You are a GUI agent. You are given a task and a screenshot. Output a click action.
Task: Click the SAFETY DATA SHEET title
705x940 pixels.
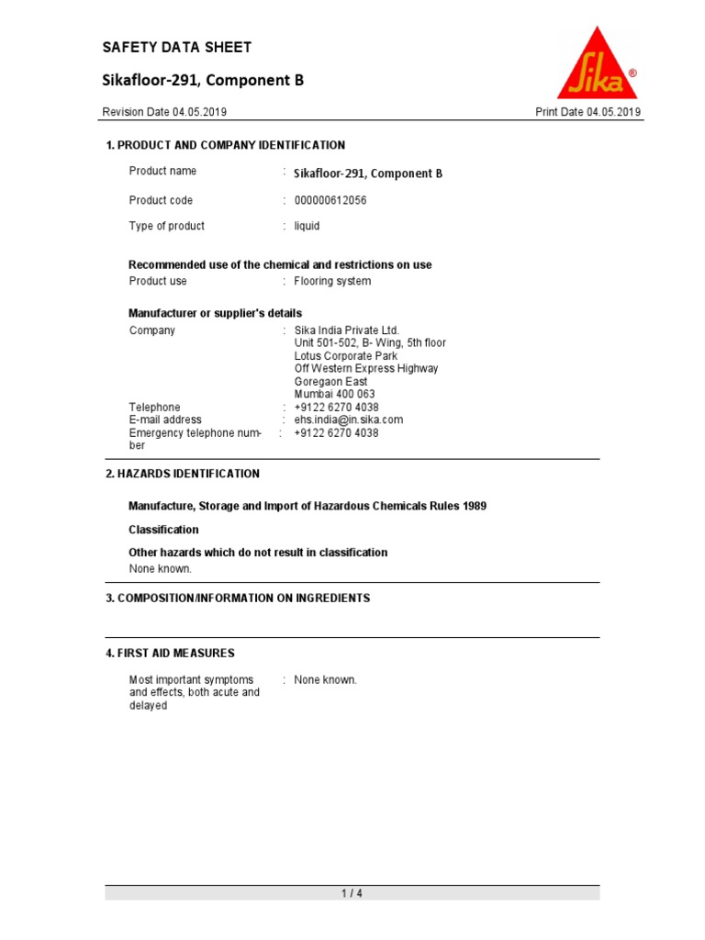(x=176, y=48)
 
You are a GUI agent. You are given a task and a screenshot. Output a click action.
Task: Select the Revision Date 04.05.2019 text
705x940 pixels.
(x=164, y=112)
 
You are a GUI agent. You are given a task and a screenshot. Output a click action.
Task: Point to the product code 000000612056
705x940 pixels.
(x=330, y=200)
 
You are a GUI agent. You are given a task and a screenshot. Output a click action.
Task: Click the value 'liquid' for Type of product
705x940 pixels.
(x=308, y=226)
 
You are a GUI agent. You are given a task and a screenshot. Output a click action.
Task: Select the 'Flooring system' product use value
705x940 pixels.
(x=332, y=281)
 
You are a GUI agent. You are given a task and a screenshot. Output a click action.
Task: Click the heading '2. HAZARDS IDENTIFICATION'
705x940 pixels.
(x=183, y=474)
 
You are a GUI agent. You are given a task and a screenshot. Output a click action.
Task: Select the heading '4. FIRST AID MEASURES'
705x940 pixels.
(x=170, y=653)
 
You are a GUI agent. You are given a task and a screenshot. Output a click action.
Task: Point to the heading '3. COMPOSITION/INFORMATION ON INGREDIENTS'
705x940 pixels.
(x=238, y=598)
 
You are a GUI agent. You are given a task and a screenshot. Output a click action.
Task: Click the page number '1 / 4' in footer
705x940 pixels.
(x=352, y=893)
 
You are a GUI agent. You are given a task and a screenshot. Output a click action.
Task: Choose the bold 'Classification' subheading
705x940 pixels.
(x=163, y=530)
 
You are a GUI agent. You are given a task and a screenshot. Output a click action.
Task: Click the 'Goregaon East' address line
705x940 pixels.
(x=330, y=381)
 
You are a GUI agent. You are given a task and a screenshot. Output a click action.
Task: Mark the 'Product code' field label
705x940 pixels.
(x=161, y=200)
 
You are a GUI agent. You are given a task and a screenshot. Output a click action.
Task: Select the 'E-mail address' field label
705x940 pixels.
(x=165, y=420)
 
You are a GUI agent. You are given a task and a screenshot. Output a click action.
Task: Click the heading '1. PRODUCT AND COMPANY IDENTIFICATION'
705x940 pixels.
(x=226, y=145)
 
